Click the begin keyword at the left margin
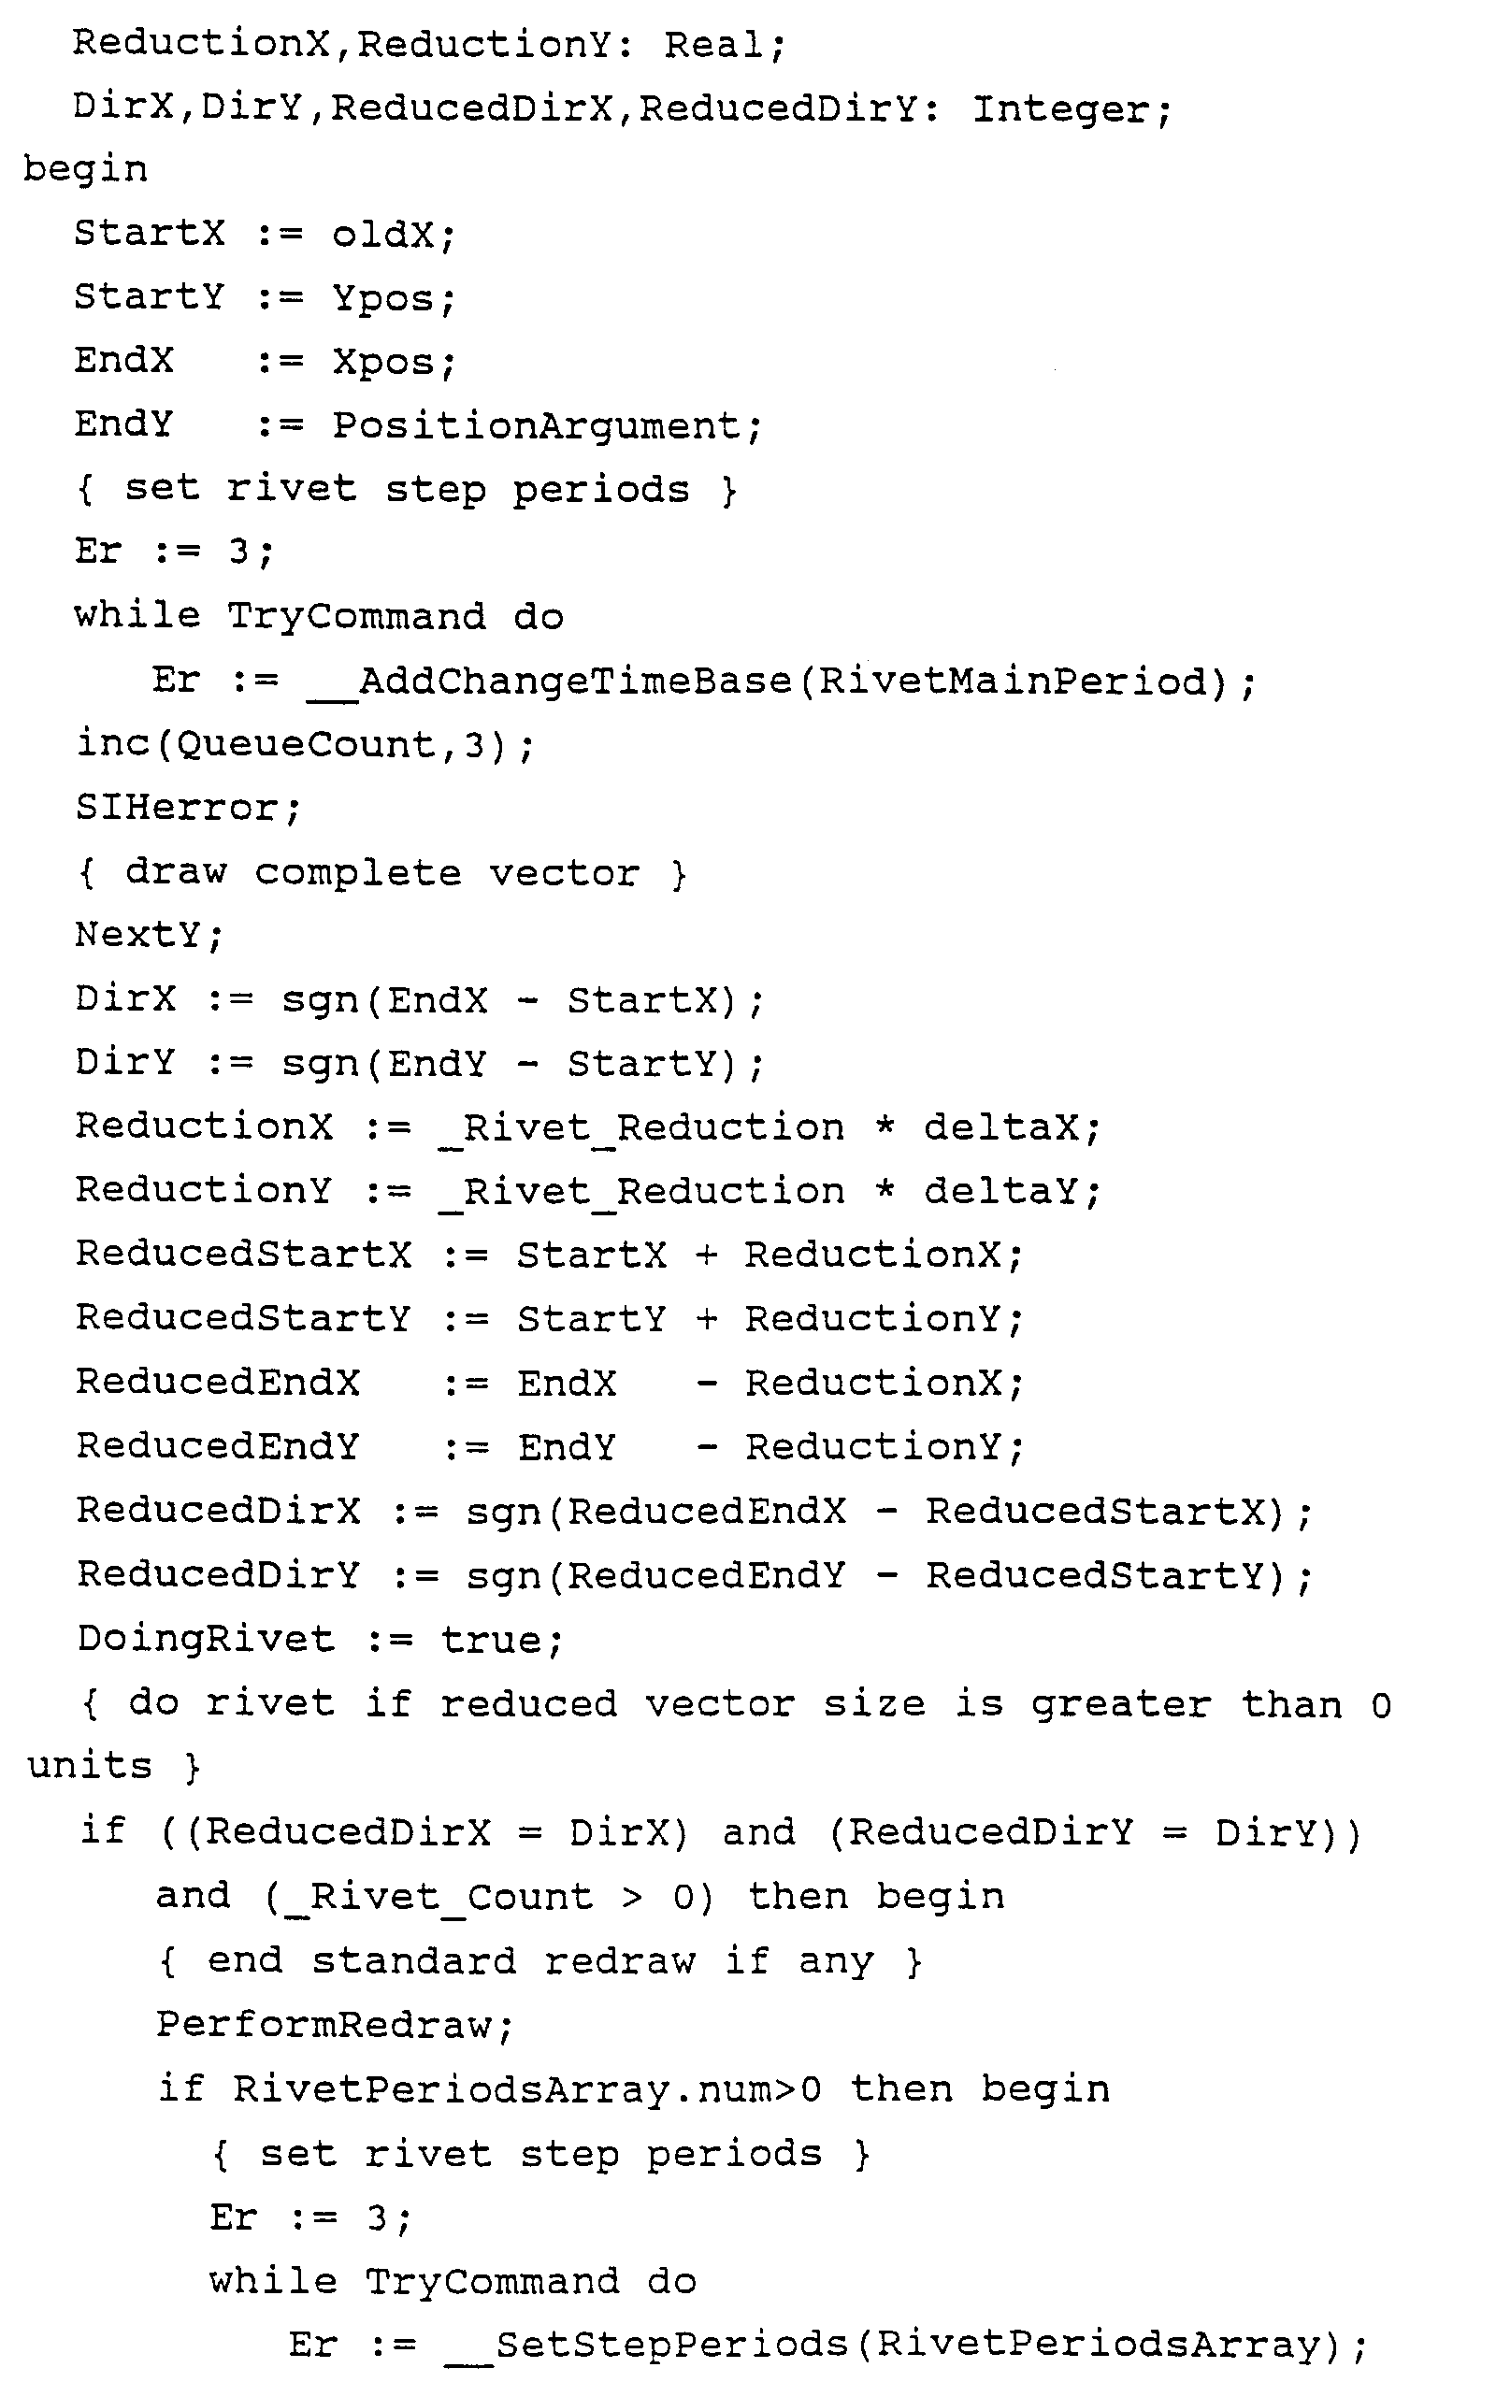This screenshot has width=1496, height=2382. pyautogui.click(x=85, y=170)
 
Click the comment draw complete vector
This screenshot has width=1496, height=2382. pyautogui.click(x=381, y=872)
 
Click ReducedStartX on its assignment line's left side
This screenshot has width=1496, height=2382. pyautogui.click(x=243, y=1255)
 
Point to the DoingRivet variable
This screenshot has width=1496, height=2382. pyautogui.click(x=206, y=1638)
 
